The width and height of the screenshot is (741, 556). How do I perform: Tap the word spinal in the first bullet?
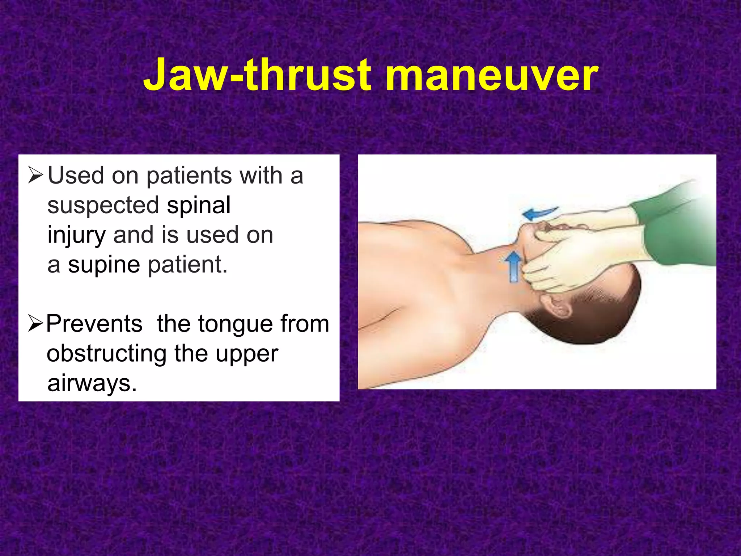pyautogui.click(x=199, y=205)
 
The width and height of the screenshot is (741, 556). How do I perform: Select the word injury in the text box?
pyautogui.click(x=77, y=235)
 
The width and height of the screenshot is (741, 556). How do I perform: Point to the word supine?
pyautogui.click(x=104, y=265)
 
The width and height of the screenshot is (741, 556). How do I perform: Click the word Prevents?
pyautogui.click(x=94, y=324)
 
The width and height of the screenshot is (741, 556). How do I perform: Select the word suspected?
pyautogui.click(x=103, y=205)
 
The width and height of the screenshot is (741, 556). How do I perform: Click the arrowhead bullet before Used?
pyautogui.click(x=35, y=176)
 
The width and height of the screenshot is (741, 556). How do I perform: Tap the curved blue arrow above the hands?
pyautogui.click(x=541, y=213)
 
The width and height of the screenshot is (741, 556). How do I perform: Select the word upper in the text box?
pyautogui.click(x=247, y=354)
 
